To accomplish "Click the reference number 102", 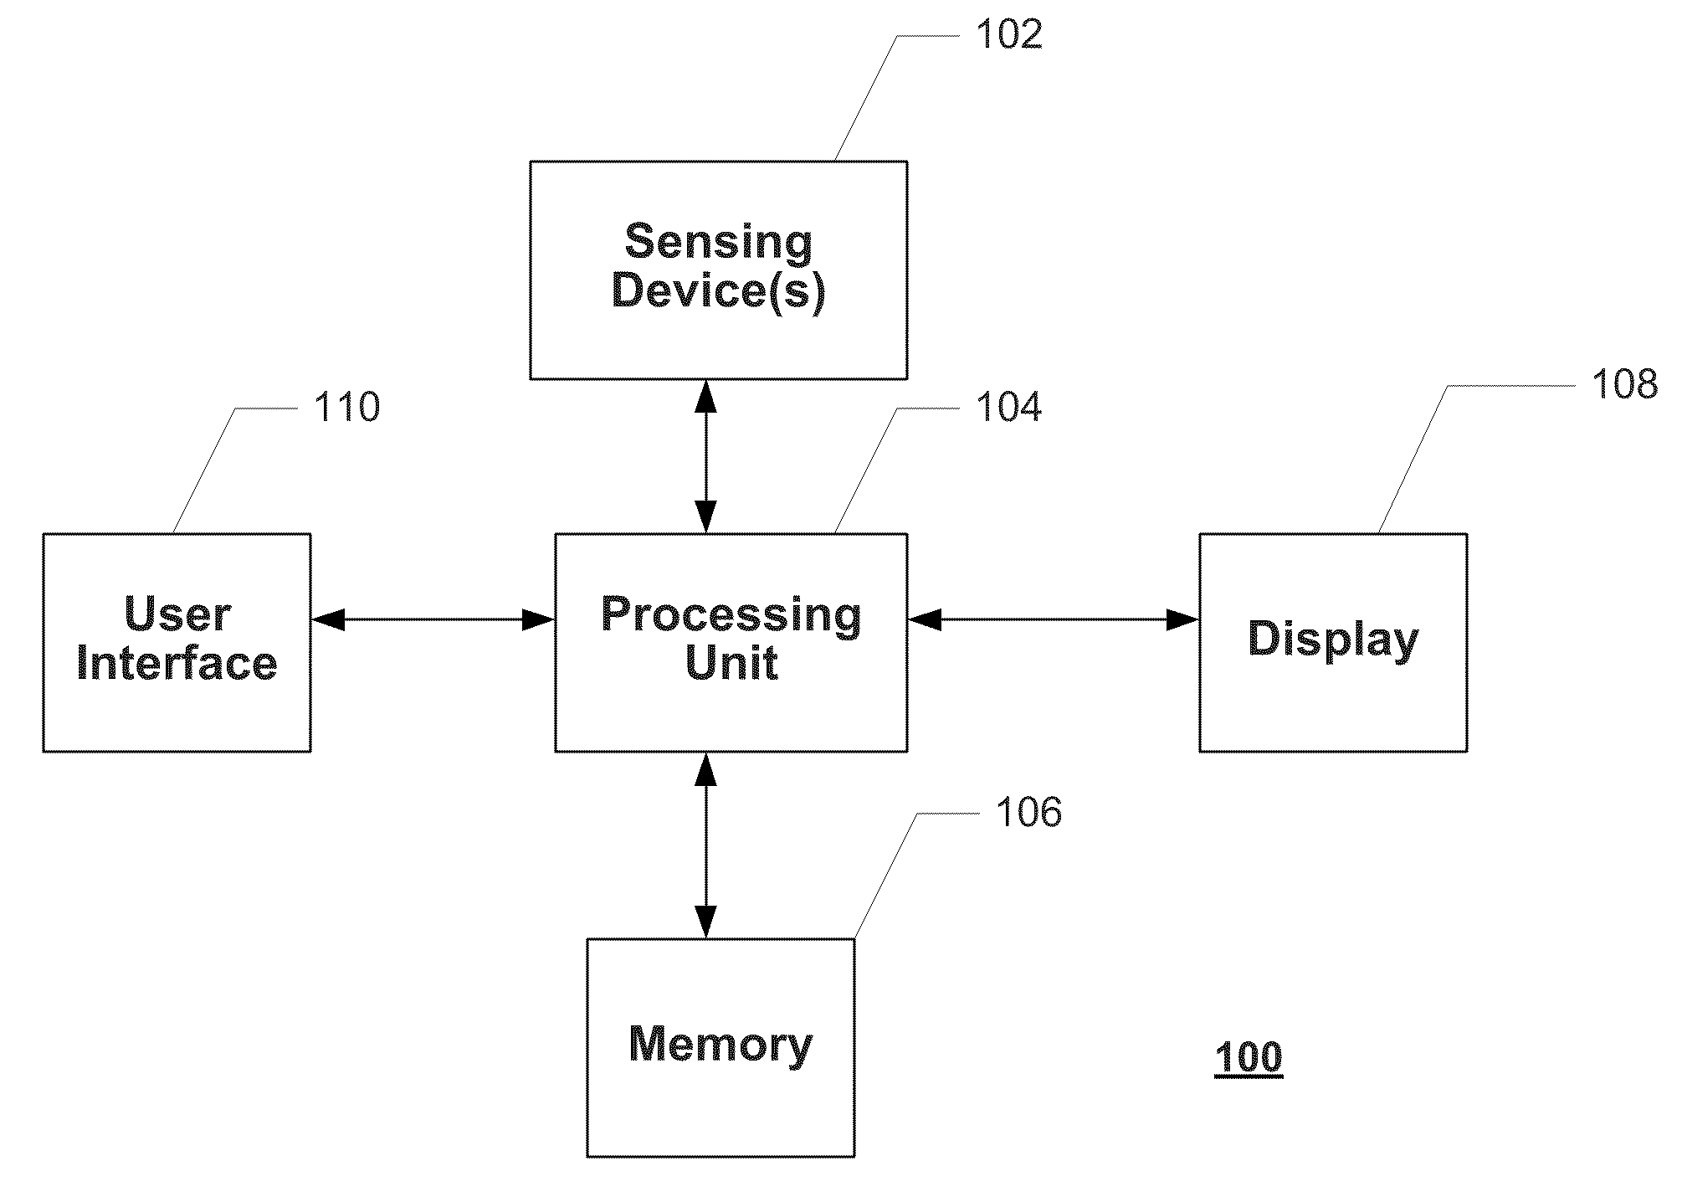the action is [x=1009, y=35].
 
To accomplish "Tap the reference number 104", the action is [x=1009, y=408].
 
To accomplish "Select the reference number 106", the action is [x=1028, y=813].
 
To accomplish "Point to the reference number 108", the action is [x=1624, y=384].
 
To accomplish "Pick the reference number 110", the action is [x=346, y=408].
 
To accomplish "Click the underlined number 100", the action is [x=1249, y=1057].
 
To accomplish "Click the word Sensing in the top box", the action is [x=719, y=243].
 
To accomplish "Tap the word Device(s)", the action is [x=719, y=291].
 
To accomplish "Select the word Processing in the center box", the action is [x=731, y=615].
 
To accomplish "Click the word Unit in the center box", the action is [x=731, y=663].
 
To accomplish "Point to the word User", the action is [x=177, y=614].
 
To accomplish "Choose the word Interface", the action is [x=177, y=663].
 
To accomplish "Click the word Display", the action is [x=1334, y=640].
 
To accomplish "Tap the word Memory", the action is [x=720, y=1045].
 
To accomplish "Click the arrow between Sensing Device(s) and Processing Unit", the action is [x=706, y=456].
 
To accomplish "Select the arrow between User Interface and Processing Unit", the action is [x=433, y=619].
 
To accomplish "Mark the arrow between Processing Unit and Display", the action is [x=1054, y=619].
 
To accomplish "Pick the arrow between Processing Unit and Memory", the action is [x=706, y=845].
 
